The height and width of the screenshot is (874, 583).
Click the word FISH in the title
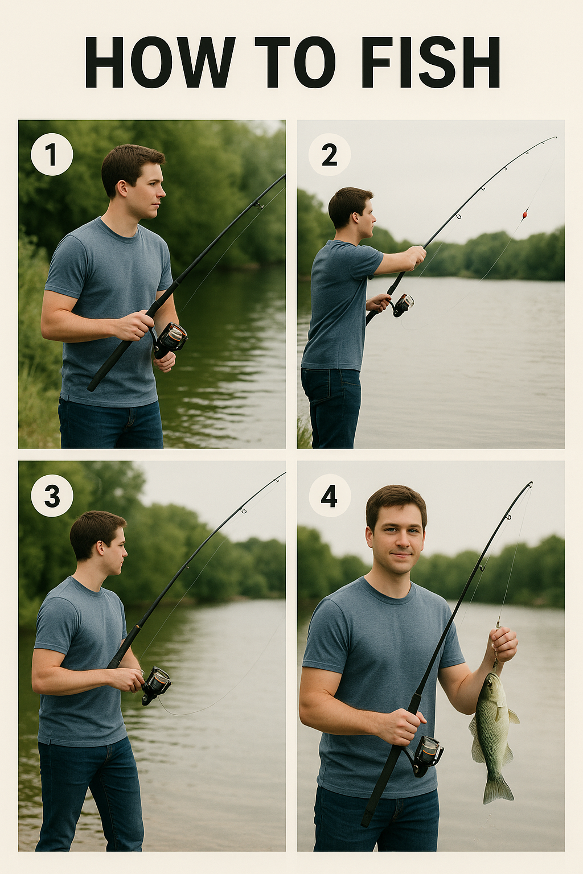431,63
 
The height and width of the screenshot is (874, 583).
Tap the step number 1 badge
52,155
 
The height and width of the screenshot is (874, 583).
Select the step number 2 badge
330,155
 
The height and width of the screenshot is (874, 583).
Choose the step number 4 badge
330,496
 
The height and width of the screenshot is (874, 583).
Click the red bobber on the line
525,214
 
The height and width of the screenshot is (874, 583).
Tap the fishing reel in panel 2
402,305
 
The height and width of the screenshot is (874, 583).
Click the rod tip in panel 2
556,137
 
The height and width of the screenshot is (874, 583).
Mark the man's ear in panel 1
122,189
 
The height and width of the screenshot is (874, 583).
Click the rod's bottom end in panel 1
91,388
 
